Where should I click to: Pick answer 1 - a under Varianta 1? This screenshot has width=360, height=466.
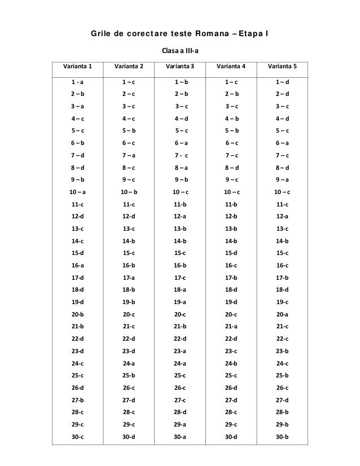(x=78, y=82)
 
